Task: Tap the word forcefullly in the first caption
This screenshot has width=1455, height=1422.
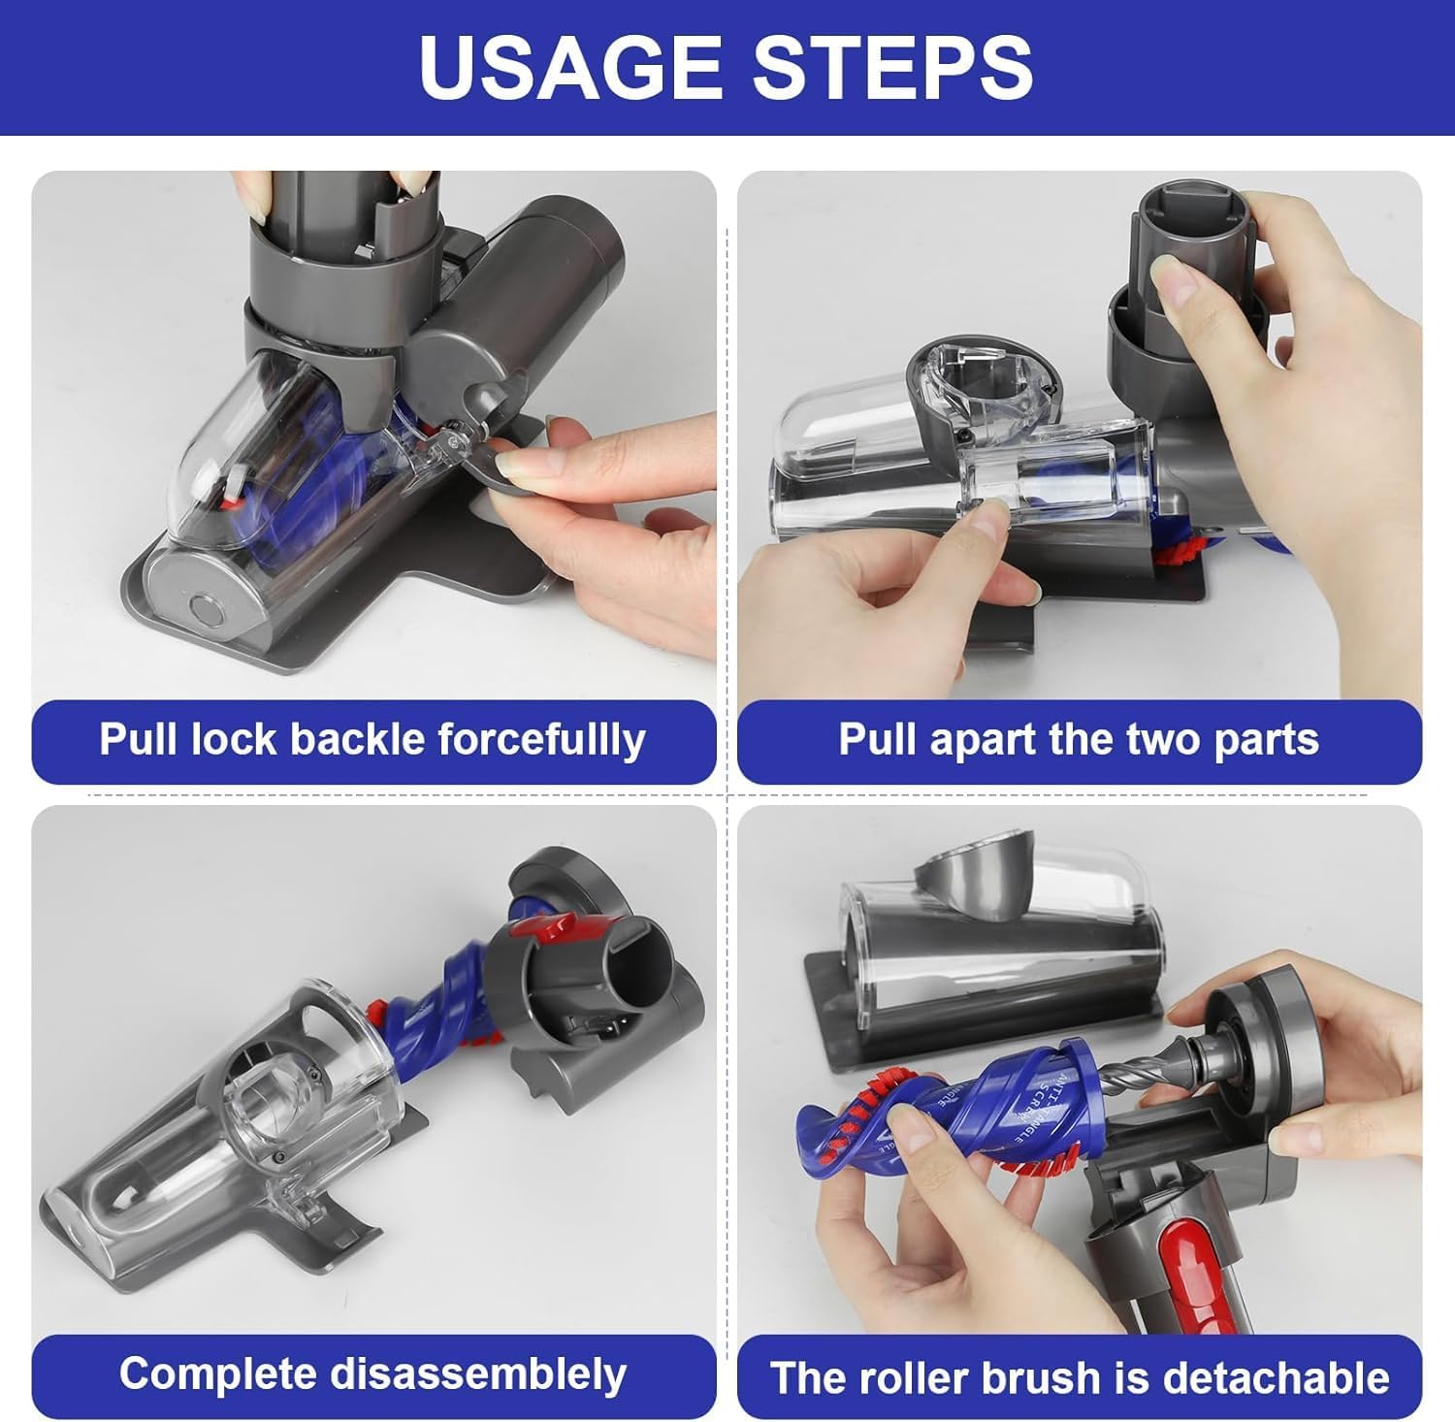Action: point(541,740)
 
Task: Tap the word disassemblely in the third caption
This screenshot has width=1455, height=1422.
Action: point(478,1375)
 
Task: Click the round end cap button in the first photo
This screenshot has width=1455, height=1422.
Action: point(206,613)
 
